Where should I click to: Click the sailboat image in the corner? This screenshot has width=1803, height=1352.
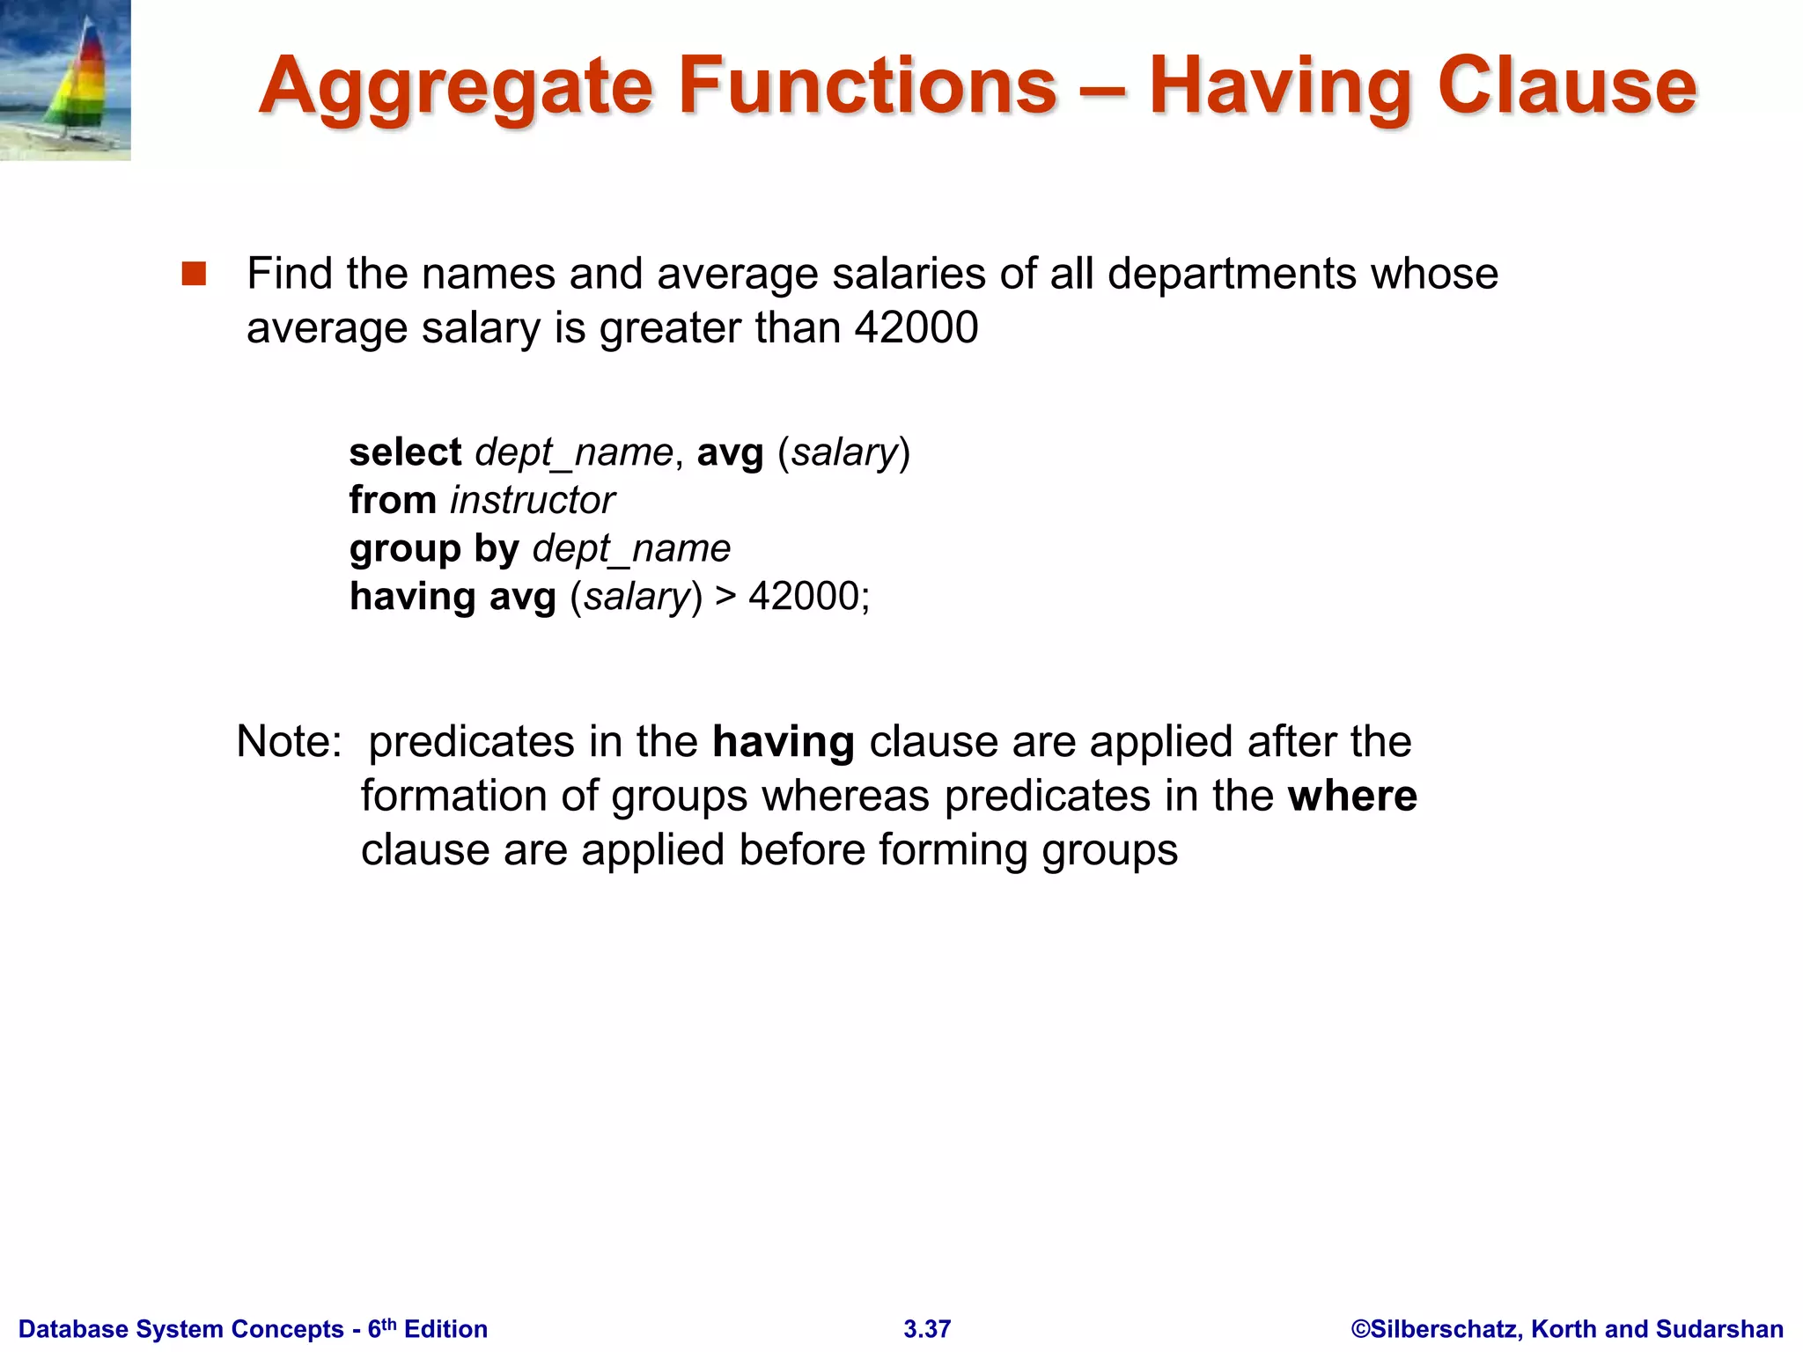tap(65, 79)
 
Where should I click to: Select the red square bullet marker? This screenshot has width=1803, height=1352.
tap(194, 274)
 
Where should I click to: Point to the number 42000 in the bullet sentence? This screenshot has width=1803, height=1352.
tap(916, 327)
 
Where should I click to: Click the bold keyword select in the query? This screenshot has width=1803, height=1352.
tap(405, 452)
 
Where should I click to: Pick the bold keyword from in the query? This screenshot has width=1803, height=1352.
tap(393, 500)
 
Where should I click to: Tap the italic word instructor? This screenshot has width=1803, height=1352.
tap(533, 500)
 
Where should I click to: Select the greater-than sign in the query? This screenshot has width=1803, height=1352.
tap(725, 596)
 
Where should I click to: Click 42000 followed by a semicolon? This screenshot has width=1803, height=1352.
tap(808, 596)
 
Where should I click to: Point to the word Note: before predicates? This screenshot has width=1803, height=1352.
tap(289, 741)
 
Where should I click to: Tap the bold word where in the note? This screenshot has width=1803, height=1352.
tap(1352, 796)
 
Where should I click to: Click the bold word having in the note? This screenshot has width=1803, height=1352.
tap(784, 741)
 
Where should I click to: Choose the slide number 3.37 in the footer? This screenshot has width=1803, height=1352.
tap(927, 1329)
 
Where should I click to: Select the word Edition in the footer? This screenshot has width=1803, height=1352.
tap(445, 1329)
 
